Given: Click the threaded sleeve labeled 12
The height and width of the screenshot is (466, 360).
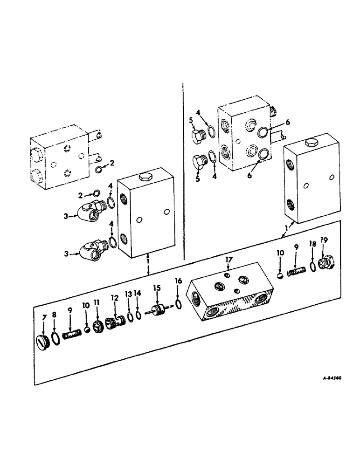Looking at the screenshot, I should point(115,322).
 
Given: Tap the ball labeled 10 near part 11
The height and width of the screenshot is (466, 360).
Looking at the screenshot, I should point(87,330).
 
